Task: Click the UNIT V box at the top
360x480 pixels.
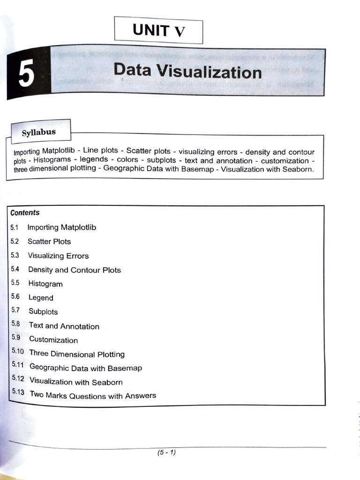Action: [158, 31]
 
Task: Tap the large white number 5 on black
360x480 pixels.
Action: [26, 75]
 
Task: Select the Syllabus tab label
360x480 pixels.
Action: [39, 132]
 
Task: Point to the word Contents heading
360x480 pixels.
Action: [25, 213]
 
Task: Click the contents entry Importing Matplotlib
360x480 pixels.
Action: [61, 227]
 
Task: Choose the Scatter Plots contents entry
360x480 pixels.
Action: [49, 241]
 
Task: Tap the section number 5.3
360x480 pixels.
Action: [15, 255]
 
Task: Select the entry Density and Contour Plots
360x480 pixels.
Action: [74, 270]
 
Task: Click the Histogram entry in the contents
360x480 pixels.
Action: [45, 284]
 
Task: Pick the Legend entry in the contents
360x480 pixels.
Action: [41, 298]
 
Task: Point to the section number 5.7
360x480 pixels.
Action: [15, 310]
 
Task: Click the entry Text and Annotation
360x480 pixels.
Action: [64, 326]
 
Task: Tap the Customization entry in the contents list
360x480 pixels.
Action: [53, 340]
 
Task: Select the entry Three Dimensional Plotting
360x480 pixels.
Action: [76, 354]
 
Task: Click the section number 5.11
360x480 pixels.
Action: [17, 366]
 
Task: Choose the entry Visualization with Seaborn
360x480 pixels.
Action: [75, 382]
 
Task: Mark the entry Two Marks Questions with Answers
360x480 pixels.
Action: [92, 396]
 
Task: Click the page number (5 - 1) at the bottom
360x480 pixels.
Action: [166, 452]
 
